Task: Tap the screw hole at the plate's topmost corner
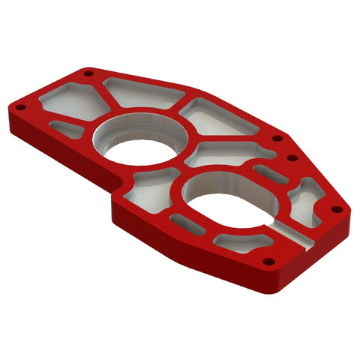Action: coord(88,73)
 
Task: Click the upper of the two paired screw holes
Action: coord(278,138)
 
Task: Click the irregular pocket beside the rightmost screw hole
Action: coord(307,196)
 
